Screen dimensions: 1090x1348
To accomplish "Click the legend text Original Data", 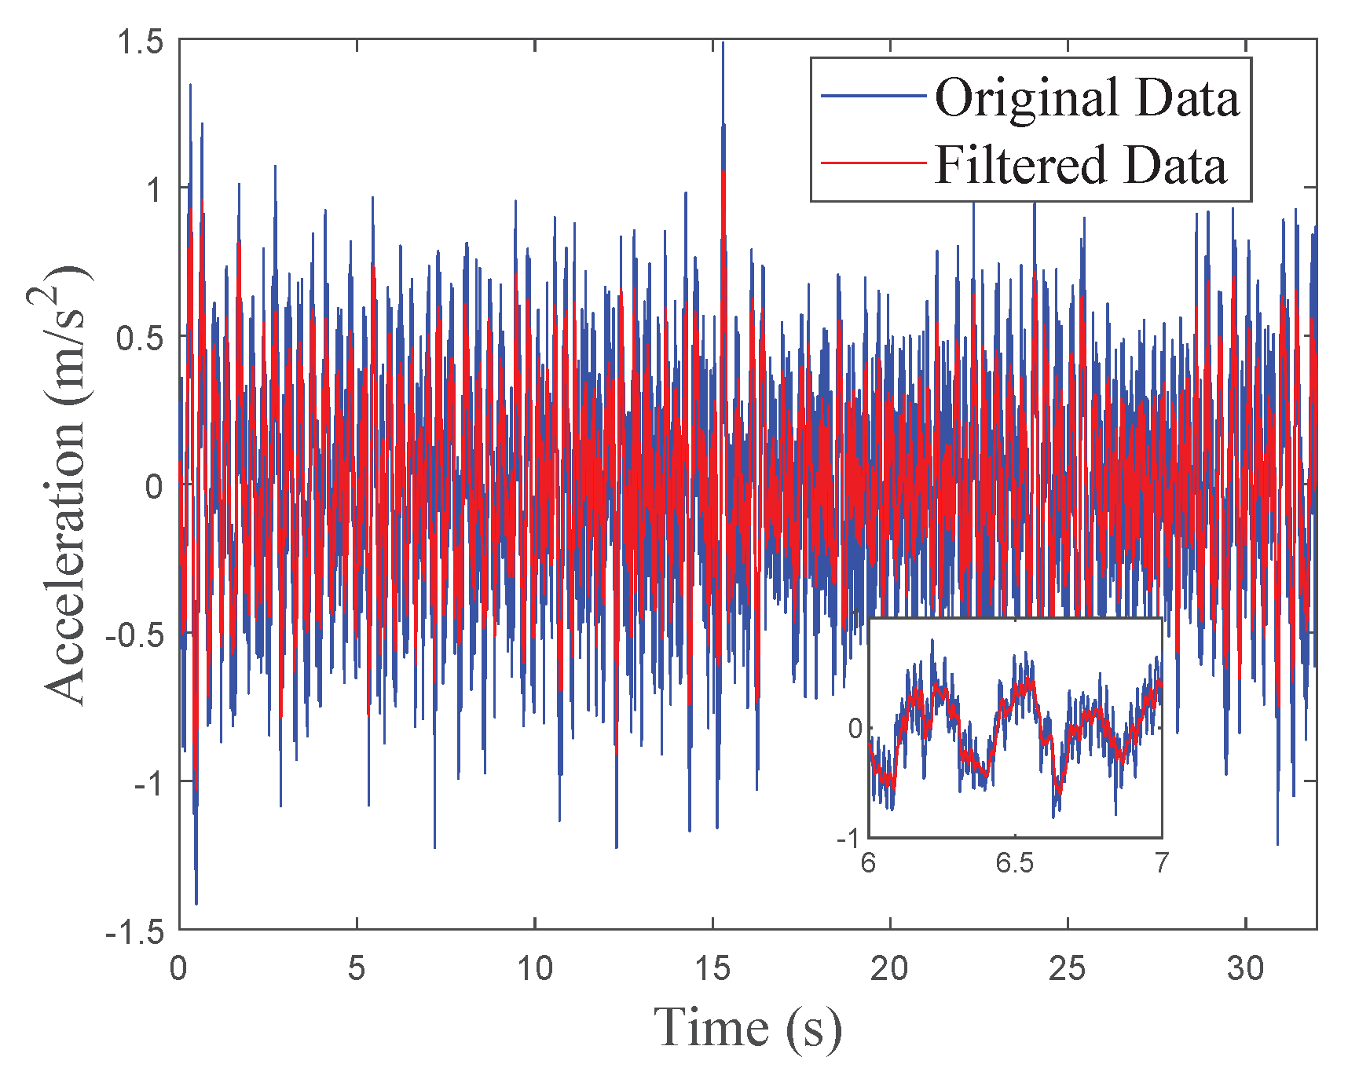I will [1086, 98].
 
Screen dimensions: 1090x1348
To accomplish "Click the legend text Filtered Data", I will [1080, 166].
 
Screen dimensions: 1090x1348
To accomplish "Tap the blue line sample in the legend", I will [874, 96].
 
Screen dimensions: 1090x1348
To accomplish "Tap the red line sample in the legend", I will [874, 163].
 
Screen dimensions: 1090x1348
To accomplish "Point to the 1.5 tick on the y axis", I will [141, 42].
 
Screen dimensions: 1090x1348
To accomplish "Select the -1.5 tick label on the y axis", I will [135, 932].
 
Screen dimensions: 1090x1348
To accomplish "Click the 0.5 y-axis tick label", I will [141, 338].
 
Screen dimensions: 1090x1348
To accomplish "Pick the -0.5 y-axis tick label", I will [135, 635].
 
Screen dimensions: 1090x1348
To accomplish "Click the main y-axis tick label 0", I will [155, 487].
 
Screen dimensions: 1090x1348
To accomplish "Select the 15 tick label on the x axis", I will [712, 969].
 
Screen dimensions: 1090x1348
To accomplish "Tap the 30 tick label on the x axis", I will [1246, 969].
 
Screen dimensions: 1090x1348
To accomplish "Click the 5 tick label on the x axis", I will [357, 969].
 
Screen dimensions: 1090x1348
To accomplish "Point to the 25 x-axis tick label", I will [1068, 969].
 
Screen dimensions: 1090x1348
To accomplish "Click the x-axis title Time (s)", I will [747, 1028].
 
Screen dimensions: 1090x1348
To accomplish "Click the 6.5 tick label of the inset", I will [1015, 864].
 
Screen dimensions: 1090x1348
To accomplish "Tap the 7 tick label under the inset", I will [1162, 864].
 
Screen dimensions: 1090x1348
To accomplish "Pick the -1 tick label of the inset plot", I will [849, 839].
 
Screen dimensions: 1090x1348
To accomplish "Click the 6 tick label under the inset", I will [868, 864].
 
